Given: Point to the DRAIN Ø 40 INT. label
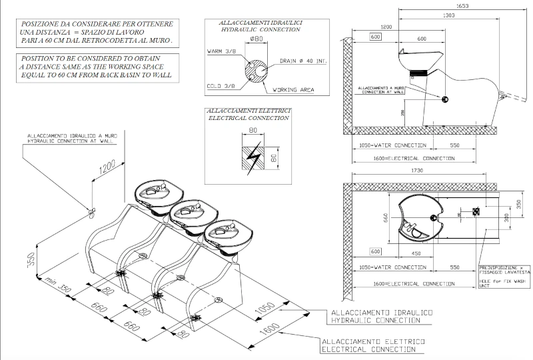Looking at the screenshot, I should pyautogui.click(x=304, y=61).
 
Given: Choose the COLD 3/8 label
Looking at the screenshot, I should pyautogui.click(x=221, y=86).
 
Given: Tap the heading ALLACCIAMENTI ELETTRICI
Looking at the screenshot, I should pyautogui.click(x=249, y=110).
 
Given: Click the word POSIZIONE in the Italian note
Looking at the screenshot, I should pyautogui.click(x=41, y=24).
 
